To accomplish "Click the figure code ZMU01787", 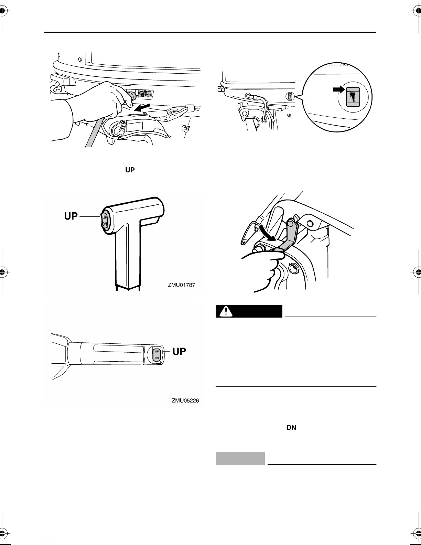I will pyautogui.click(x=181, y=285).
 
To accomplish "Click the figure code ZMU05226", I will pyautogui.click(x=185, y=400).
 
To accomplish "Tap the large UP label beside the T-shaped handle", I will pyautogui.click(x=71, y=216).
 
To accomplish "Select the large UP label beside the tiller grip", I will pyautogui.click(x=179, y=351).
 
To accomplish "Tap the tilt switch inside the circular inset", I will pyautogui.click(x=353, y=97).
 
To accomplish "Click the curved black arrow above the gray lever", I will pyautogui.click(x=267, y=233).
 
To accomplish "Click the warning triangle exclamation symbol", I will pyautogui.click(x=226, y=311).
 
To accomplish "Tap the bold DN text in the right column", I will pyautogui.click(x=291, y=428).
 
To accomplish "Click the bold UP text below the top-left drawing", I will pyautogui.click(x=130, y=170).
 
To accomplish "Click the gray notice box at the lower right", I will pyautogui.click(x=240, y=458).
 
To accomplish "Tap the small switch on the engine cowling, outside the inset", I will pyautogui.click(x=290, y=96).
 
